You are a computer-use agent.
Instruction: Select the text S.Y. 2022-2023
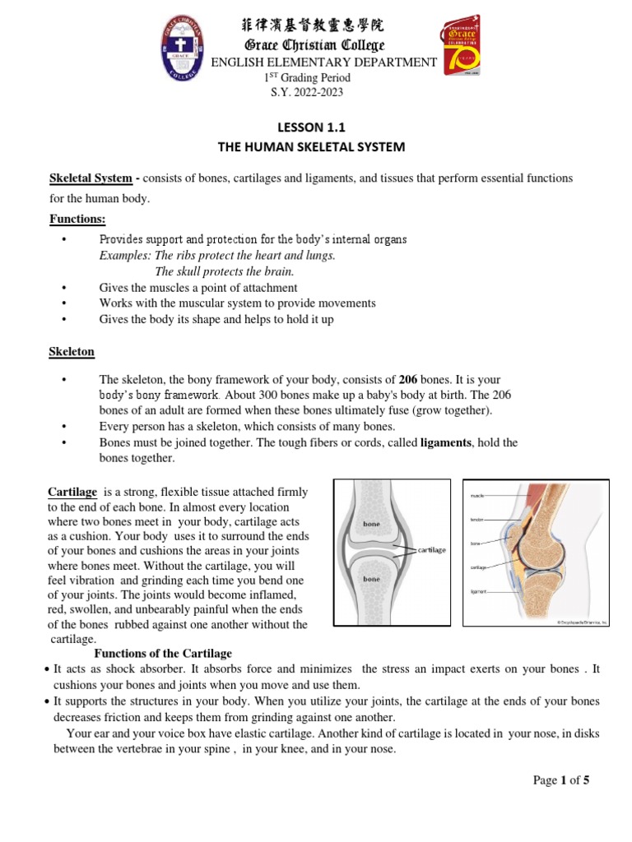307,92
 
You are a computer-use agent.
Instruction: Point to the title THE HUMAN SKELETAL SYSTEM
311,147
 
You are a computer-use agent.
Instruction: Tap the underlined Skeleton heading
72,352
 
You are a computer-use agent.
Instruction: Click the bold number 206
408,380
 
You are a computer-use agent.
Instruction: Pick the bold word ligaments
447,442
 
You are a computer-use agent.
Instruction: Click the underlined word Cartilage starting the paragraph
72,492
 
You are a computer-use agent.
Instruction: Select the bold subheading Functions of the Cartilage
165,654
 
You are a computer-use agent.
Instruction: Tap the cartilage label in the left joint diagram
431,549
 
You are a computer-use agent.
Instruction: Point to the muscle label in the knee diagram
476,497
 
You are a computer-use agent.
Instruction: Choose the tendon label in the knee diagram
476,520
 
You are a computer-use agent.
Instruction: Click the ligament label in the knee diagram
478,590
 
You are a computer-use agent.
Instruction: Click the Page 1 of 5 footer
561,781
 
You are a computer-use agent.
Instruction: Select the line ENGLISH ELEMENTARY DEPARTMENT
324,62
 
